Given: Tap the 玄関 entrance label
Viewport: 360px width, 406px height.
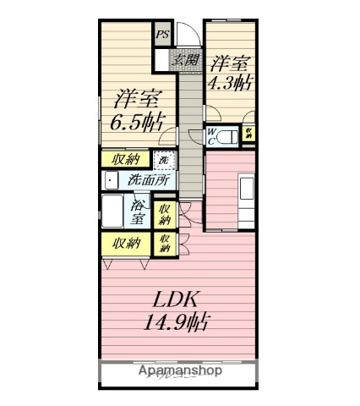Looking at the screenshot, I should [x=187, y=60].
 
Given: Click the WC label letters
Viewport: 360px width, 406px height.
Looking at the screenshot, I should [x=211, y=136].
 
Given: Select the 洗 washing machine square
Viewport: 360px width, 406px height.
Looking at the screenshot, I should [x=164, y=158].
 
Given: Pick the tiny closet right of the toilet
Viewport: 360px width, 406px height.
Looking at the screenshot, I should [x=249, y=134].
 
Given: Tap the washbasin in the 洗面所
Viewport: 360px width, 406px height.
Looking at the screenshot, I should [x=110, y=179].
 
